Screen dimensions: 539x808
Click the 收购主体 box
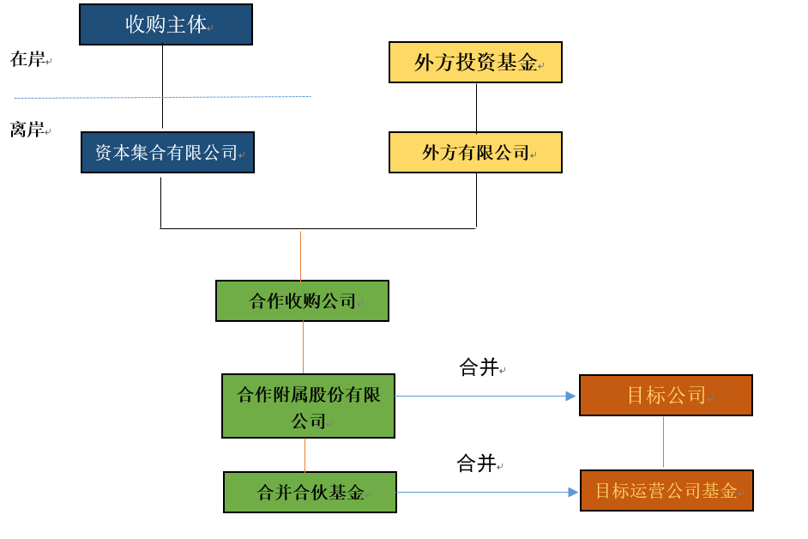(x=166, y=24)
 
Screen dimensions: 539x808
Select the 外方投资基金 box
(x=475, y=62)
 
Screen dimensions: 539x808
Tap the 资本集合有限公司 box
(x=167, y=152)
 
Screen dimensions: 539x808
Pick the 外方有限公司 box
(x=475, y=152)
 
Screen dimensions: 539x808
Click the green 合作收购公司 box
(x=302, y=300)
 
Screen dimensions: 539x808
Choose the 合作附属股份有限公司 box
(x=308, y=406)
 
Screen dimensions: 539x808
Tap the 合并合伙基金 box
(x=310, y=492)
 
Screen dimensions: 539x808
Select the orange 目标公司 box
(x=666, y=395)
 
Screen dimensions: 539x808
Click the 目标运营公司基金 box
(x=666, y=490)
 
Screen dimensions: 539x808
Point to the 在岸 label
(x=27, y=59)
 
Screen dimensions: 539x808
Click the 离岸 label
(x=27, y=130)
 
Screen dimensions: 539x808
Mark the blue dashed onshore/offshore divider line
(x=163, y=97)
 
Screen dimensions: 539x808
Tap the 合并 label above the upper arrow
(x=479, y=367)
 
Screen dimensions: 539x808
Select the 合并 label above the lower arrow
(x=476, y=463)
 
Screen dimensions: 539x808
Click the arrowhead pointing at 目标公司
(x=570, y=396)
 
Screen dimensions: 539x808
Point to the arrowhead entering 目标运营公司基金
(x=573, y=492)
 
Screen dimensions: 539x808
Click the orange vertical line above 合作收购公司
(x=300, y=255)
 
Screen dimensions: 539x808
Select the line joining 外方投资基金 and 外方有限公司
(x=476, y=107)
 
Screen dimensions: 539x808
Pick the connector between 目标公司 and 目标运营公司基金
(x=663, y=442)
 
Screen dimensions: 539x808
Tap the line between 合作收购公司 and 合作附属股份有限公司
(x=303, y=347)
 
